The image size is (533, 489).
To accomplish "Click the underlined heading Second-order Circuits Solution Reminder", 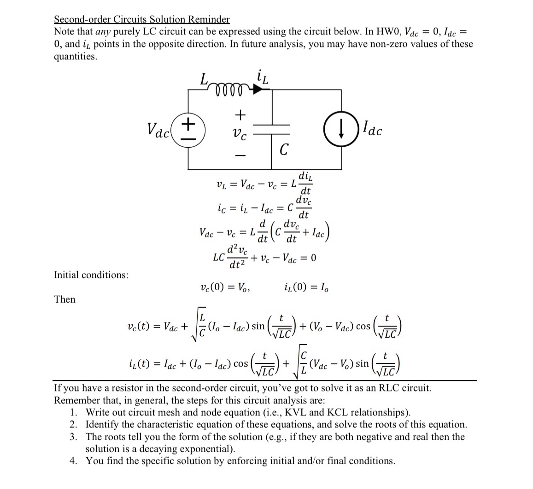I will point(141,19).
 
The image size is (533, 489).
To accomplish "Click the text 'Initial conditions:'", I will point(91,275).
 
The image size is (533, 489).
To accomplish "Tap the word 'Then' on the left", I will point(64,299).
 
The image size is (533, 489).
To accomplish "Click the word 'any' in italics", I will point(103,32).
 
